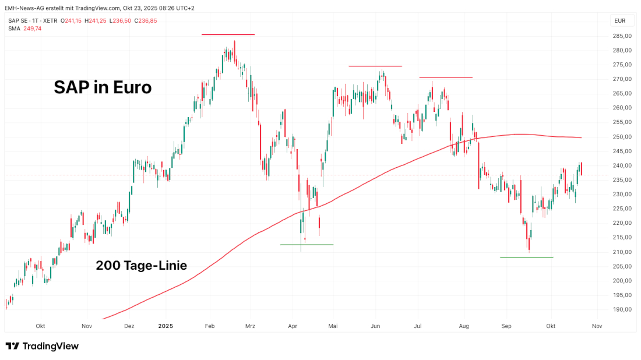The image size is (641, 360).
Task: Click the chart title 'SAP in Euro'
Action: point(103,87)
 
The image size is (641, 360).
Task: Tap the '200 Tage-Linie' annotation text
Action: point(141,266)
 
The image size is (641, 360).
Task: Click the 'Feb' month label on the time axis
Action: point(210,326)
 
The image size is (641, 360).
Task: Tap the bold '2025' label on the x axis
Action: point(166,326)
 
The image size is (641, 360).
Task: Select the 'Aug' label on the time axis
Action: point(464,326)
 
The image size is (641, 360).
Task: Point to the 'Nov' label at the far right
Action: point(596,326)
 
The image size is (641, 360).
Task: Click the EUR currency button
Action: point(620,21)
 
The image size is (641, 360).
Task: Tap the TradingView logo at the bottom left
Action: point(42,346)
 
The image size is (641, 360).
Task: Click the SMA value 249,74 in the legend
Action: point(33,28)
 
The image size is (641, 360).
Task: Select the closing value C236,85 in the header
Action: point(145,21)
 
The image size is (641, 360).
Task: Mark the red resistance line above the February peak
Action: point(228,35)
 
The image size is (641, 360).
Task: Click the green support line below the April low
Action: point(307,245)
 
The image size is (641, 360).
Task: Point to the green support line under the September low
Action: point(526,257)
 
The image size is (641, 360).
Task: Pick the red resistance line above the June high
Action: point(375,66)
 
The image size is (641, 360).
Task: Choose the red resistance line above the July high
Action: point(446,77)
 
